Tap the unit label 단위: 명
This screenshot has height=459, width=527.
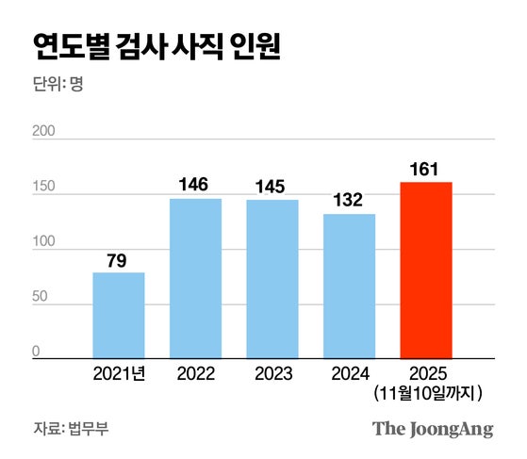[x=58, y=81]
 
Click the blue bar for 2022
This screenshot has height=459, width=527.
[x=195, y=278]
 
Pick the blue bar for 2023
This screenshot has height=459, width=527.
[x=272, y=279]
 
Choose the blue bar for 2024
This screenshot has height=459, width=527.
[x=349, y=286]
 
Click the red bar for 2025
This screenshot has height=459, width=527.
[x=426, y=270]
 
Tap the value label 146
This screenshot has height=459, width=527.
[x=195, y=184]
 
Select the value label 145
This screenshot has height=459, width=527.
[x=272, y=185]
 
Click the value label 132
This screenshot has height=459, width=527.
[x=349, y=199]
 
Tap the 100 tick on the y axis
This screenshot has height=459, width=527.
[x=45, y=242]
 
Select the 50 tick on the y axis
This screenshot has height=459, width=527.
[x=41, y=298]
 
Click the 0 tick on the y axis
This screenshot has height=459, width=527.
[x=38, y=352]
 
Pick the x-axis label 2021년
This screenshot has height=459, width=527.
[x=118, y=374]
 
